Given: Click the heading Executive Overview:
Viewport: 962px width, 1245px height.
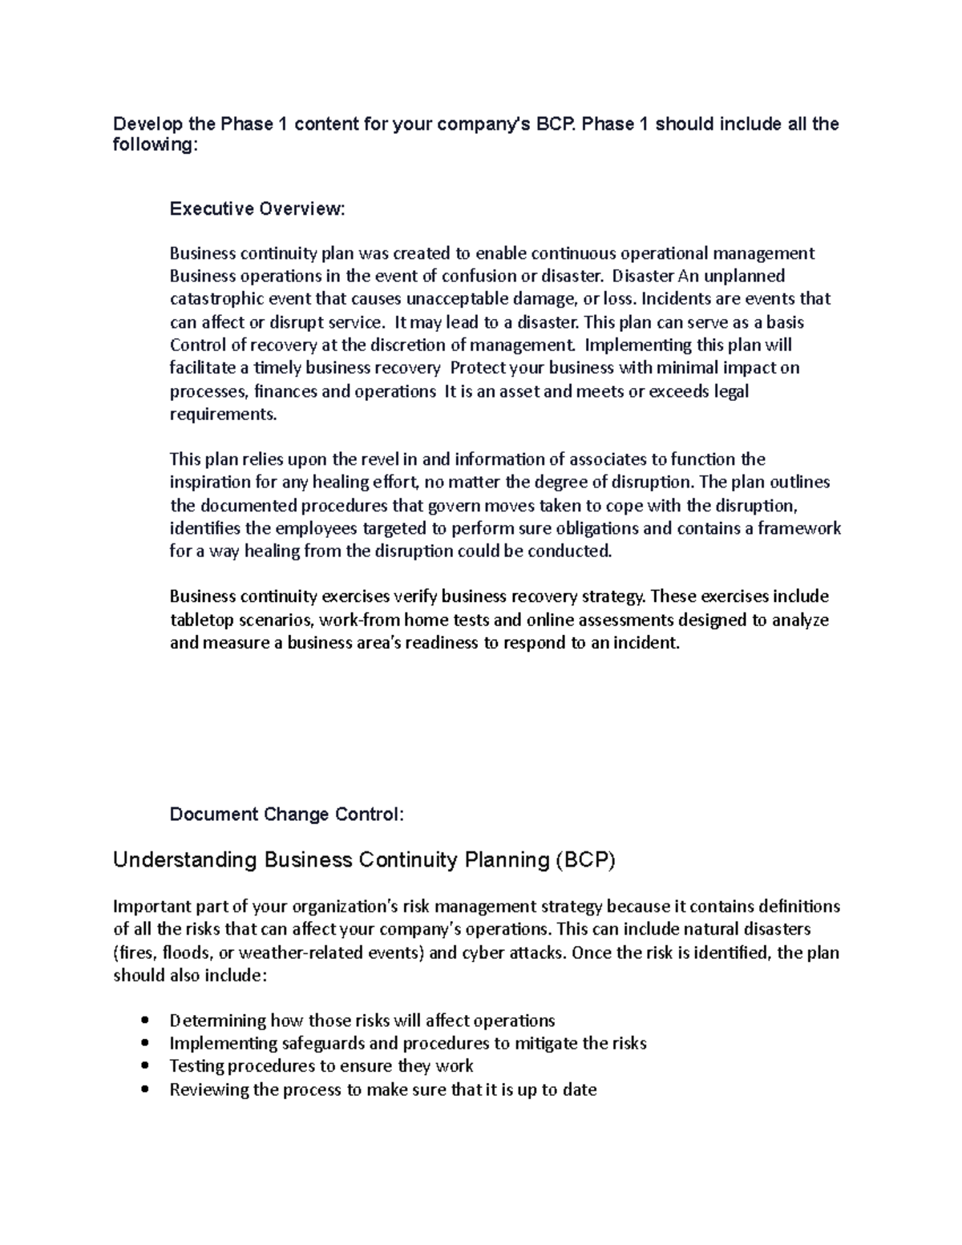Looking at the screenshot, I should coord(257,209).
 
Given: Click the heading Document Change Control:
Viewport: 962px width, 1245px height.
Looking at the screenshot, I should coord(287,815).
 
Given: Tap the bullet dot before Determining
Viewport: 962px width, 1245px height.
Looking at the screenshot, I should coord(144,1021).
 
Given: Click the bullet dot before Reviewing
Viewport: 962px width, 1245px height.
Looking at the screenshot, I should coord(144,1089).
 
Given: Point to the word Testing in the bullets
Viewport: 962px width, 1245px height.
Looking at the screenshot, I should coord(196,1066).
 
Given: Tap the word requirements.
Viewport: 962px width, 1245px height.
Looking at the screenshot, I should coord(223,414).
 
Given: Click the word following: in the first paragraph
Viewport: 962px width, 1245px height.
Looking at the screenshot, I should coord(154,146).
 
